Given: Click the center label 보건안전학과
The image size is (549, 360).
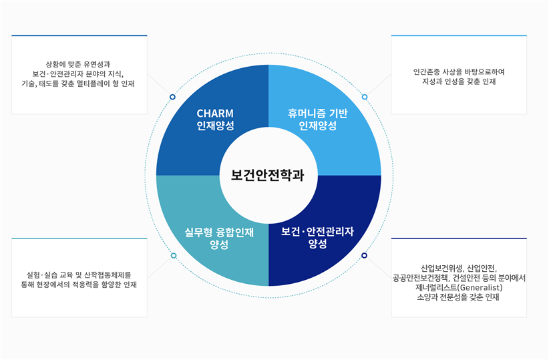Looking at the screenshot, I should click(x=268, y=176).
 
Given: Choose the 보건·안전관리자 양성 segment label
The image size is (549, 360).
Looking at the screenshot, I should click(x=317, y=238).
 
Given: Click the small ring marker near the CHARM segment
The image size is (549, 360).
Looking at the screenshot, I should click(x=172, y=97).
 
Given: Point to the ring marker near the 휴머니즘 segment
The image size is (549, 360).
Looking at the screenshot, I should click(x=365, y=97).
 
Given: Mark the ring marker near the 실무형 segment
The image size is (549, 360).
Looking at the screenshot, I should click(x=174, y=256).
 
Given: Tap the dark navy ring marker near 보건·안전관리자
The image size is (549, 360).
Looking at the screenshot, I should click(x=364, y=256).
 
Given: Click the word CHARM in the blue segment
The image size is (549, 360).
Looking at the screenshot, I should click(x=215, y=113).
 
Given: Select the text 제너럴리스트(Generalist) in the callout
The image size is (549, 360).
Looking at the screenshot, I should click(x=459, y=287).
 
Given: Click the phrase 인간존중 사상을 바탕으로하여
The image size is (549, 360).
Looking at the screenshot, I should click(x=459, y=71).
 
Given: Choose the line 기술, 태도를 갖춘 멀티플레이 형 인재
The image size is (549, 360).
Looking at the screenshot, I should click(x=79, y=84).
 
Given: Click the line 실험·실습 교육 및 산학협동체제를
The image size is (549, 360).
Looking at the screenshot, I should click(x=79, y=274).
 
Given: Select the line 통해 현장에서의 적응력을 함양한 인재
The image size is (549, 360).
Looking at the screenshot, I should click(x=79, y=284).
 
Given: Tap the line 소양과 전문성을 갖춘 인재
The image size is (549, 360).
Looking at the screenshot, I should click(x=459, y=297).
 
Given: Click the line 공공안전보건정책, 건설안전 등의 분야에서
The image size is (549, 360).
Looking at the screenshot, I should click(x=460, y=277).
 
